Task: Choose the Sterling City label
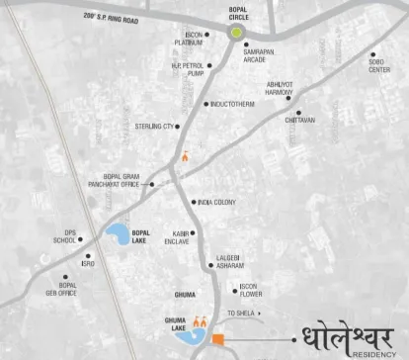coord(155,127)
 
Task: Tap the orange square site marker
coord(218,340)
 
